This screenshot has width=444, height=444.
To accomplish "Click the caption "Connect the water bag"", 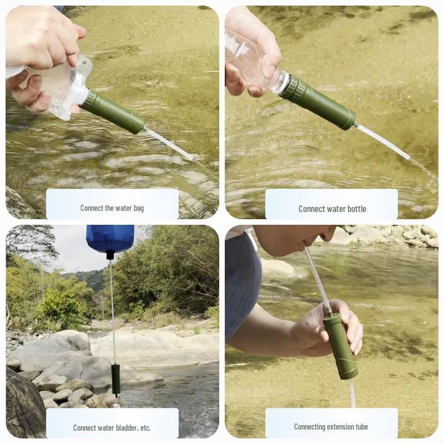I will click(112, 208).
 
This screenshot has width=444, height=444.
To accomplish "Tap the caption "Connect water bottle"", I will click(332, 209).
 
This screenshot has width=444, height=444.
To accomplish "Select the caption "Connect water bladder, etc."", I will click(112, 427).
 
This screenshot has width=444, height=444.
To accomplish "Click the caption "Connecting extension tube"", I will click(331, 427).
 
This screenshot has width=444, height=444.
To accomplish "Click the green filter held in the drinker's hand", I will click(339, 345).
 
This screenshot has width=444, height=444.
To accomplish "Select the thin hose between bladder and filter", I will click(113, 311).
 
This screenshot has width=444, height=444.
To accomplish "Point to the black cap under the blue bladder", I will click(110, 255).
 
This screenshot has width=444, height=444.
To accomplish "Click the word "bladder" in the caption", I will click(122, 427).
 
